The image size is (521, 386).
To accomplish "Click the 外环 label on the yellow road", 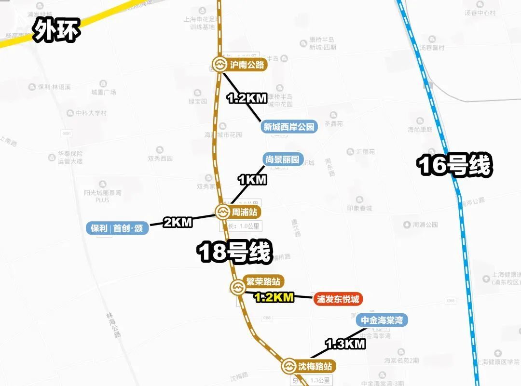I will point(56,31).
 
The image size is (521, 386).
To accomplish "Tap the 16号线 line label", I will point(455,165).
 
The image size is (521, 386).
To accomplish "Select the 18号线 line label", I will point(235,252).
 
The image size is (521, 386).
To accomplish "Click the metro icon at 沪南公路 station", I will point(219,65).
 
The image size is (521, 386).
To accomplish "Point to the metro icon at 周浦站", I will point(222,212).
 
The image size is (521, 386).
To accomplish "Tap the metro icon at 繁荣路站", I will point(237,288).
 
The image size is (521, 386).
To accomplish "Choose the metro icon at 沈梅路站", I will point(288,366).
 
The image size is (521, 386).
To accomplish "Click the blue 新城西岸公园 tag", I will point(289,127).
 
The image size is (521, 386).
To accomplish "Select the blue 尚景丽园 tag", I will point(282,160).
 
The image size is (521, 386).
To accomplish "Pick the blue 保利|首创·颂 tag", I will point(117,228).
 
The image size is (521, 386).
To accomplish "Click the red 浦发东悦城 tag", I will point(338,299).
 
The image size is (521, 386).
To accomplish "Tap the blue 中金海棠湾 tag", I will point(382,320).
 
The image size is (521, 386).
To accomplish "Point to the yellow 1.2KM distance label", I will point(274,297).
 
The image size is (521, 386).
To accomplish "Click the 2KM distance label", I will point(178,222).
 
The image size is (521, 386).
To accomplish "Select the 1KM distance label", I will point(252,180).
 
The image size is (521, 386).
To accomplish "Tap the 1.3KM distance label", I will point(345,344).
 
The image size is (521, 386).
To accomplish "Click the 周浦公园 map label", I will point(425,225).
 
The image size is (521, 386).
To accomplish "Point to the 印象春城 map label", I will point(359,208).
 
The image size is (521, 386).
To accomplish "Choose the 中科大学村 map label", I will point(91,113).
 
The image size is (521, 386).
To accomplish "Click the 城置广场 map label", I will point(104,92).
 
